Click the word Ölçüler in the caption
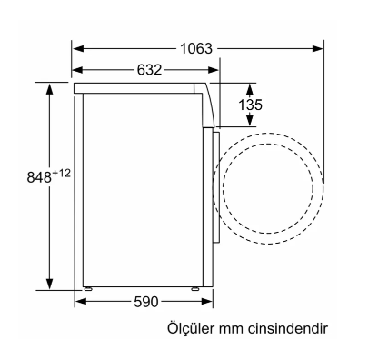(190, 328)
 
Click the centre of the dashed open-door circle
(271, 187)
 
